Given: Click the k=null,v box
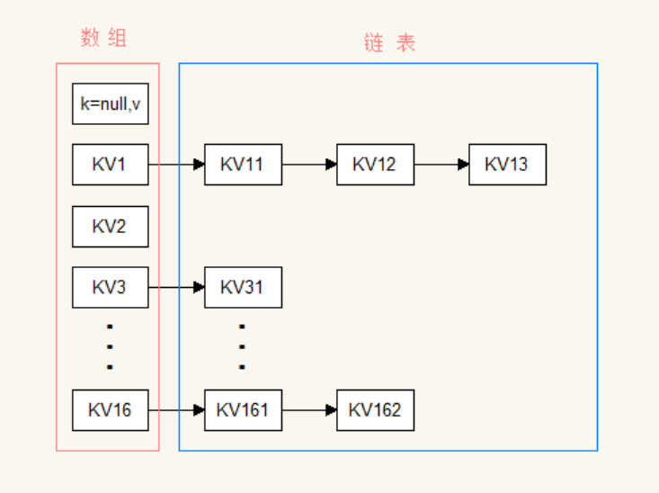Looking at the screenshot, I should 110,103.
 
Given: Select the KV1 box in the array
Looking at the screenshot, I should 110,165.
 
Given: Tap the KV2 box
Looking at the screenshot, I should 110,226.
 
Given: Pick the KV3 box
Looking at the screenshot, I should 110,287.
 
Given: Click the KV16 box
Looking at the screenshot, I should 110,410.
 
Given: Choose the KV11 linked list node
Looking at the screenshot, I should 243,165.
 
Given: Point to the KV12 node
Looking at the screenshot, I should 375,165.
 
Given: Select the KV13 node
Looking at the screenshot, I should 507,165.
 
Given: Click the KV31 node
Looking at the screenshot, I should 243,287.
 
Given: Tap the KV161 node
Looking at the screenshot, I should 243,410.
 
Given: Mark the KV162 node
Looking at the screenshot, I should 375,410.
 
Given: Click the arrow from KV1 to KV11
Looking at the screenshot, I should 176,165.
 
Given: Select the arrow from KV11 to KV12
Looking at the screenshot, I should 309,165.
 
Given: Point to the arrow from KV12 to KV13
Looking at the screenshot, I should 441,165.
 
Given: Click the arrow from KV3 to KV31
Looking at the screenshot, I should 176,287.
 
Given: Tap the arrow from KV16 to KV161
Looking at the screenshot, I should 176,410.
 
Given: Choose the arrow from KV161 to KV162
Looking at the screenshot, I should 309,410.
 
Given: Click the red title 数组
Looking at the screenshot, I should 104,38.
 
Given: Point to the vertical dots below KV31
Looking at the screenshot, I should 243,347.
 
